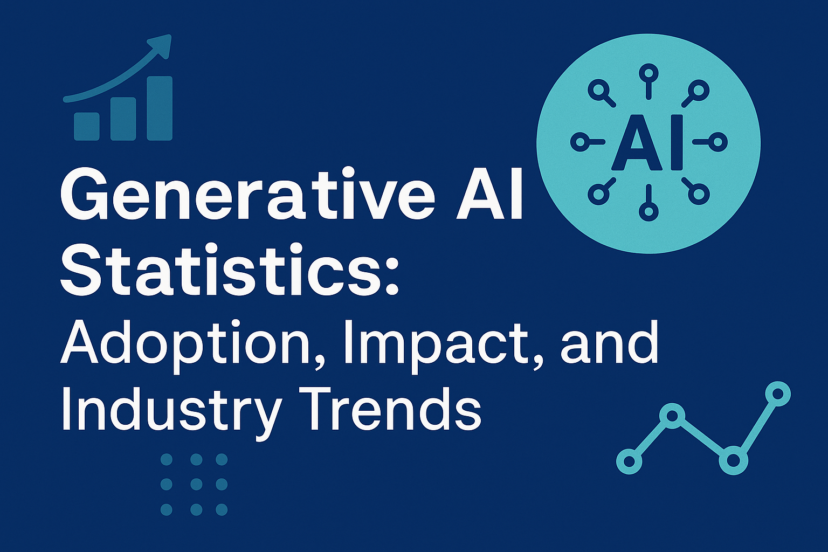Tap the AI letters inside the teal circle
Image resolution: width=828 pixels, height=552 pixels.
coord(648,143)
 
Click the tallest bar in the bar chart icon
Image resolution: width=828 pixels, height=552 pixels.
coord(160,108)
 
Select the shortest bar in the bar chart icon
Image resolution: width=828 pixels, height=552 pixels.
coord(87,126)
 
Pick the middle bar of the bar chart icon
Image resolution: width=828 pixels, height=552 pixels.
coord(123,119)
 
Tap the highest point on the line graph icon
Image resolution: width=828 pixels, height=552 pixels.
coord(777,392)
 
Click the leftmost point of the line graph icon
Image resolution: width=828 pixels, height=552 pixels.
coord(629,461)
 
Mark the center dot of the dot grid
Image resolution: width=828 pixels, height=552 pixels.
coord(196,484)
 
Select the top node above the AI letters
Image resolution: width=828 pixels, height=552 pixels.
coord(648,72)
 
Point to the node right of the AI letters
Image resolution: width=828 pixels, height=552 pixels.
coord(719,142)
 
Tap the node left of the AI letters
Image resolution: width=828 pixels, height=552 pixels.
coord(579,142)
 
